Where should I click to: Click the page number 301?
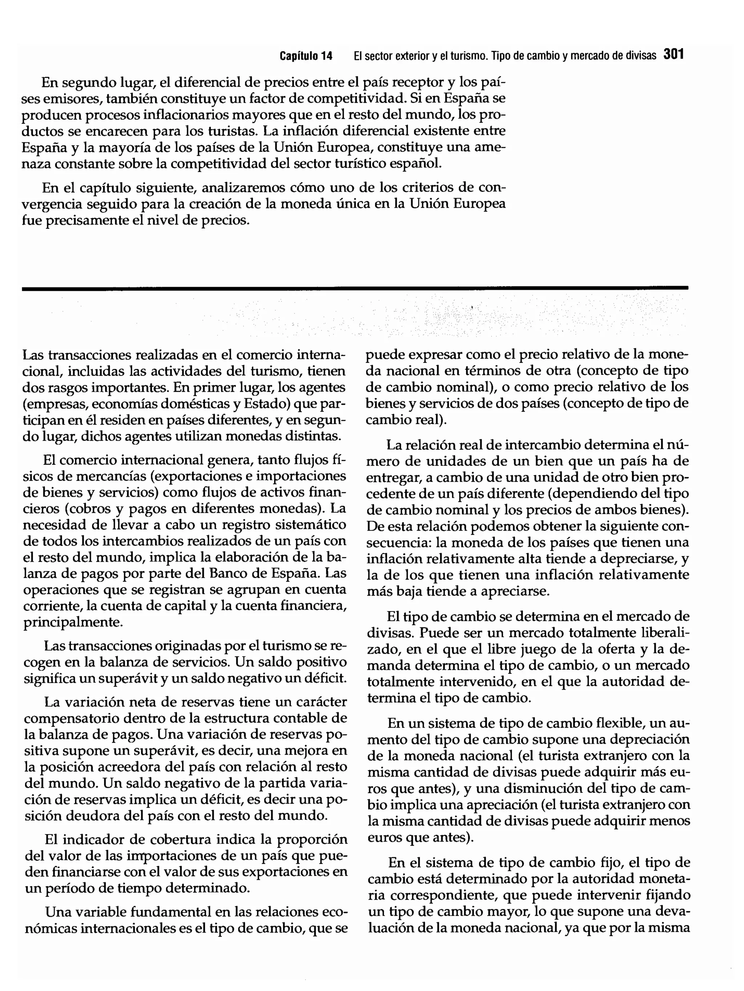(674, 55)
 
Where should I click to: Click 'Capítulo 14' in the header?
(306, 56)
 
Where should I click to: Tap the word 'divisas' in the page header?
(641, 56)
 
